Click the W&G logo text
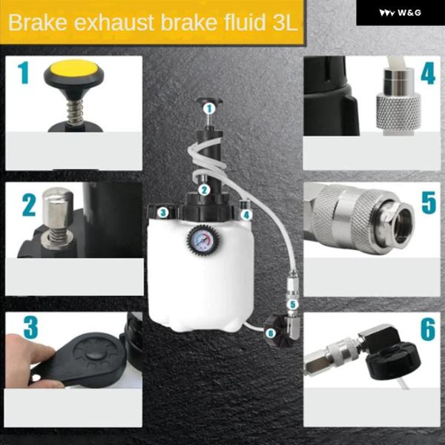409,13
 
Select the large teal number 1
23,73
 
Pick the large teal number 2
29,205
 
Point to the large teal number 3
30,327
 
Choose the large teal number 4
428,73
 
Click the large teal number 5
428,202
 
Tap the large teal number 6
428,329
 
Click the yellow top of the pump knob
73,68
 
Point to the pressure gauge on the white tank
202,240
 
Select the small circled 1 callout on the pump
209,108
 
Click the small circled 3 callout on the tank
162,212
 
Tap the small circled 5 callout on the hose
293,305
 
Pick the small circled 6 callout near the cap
271,333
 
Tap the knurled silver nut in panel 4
398,111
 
